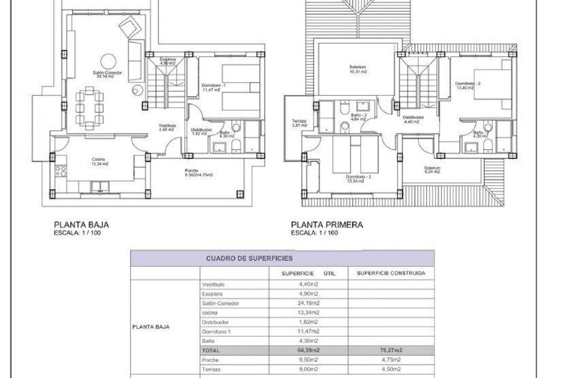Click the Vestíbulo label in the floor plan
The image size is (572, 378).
[x=166, y=127]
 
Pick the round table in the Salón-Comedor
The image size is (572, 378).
[x=108, y=61]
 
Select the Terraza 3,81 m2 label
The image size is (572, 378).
[x=299, y=123]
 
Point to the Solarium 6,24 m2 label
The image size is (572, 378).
[x=432, y=169]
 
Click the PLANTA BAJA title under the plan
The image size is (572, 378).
[x=82, y=224]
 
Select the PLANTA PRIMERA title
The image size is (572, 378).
[x=327, y=224]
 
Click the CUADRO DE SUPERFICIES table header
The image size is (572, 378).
[x=240, y=258]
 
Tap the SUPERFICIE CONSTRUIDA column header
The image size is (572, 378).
[x=390, y=273]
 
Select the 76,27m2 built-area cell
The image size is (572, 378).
[x=390, y=350]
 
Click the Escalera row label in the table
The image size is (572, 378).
[x=212, y=294]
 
